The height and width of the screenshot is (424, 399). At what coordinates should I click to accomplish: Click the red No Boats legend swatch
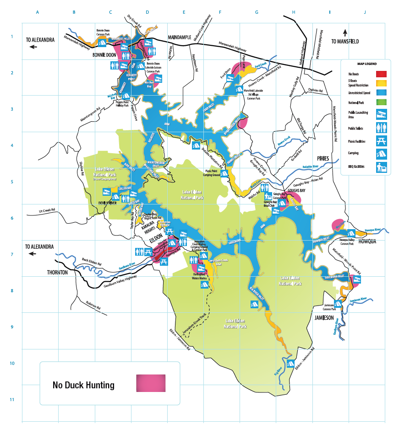[x=381, y=74]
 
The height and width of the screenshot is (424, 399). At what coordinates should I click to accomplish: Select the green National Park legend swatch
[x=381, y=102]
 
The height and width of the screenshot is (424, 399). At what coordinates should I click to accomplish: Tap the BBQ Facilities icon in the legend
[x=381, y=167]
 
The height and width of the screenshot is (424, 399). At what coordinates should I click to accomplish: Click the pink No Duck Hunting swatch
[x=151, y=383]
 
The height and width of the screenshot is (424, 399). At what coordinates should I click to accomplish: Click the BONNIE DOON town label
[x=104, y=54]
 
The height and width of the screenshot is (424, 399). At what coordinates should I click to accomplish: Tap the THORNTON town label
[x=57, y=272]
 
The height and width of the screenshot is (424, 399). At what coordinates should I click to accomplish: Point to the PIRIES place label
[x=323, y=158]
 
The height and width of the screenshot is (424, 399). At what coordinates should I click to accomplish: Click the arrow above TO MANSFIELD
[x=345, y=32]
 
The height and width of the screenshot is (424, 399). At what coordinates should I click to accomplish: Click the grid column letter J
[x=365, y=12]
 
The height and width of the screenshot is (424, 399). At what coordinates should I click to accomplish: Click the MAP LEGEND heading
[x=365, y=64]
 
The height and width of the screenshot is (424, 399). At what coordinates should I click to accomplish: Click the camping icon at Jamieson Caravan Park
[x=339, y=303]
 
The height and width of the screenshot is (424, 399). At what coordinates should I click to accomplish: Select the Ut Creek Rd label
[x=47, y=210]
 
